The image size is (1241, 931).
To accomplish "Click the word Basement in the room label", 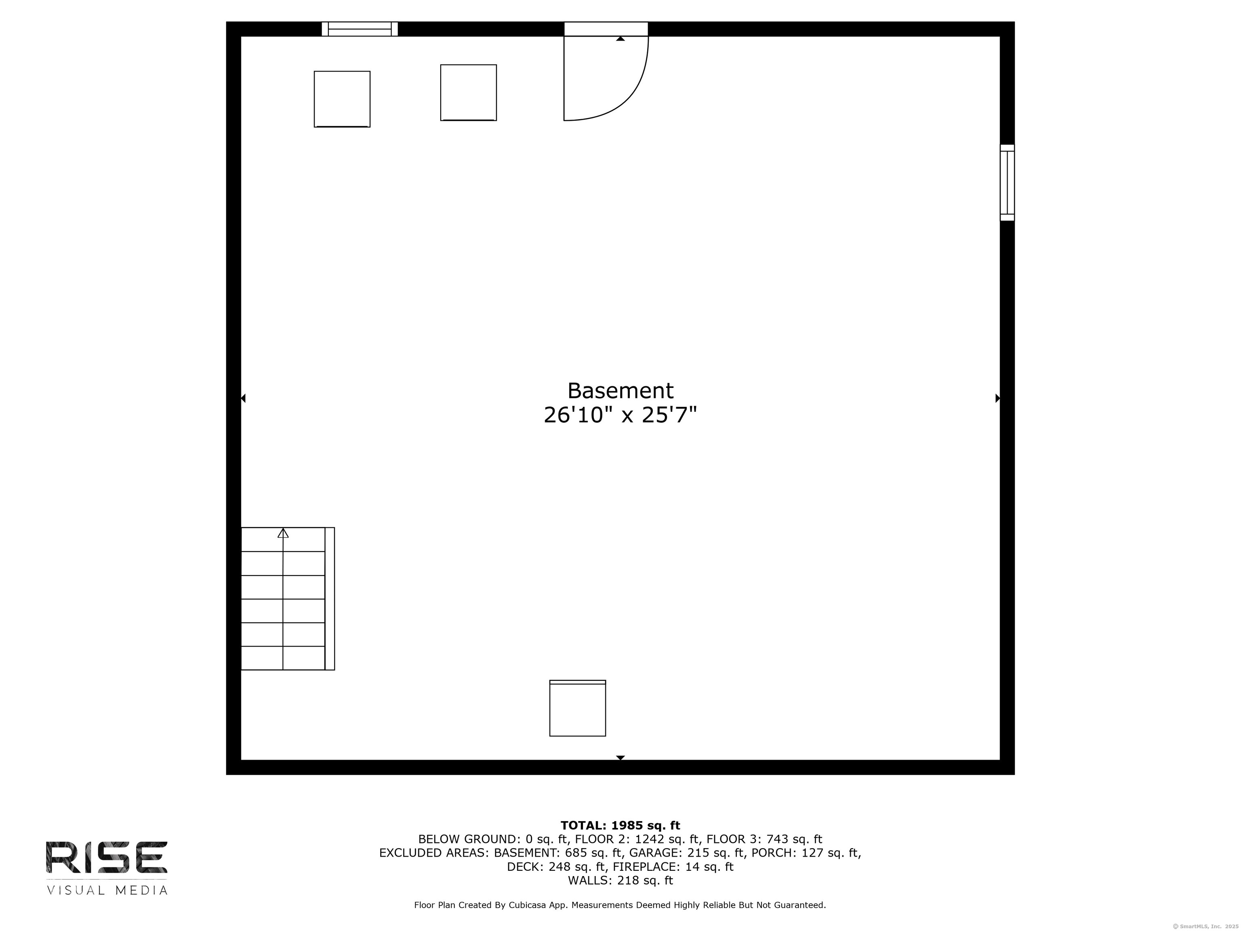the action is click(x=620, y=391).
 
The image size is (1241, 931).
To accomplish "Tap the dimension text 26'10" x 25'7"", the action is click(x=620, y=415).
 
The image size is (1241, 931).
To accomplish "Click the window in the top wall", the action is click(x=360, y=29).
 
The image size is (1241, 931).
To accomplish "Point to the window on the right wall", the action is click(x=1007, y=182).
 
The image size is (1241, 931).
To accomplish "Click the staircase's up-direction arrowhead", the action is click(x=283, y=533).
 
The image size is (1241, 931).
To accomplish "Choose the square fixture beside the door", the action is click(x=469, y=93).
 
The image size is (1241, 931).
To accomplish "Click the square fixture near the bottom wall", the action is click(x=577, y=708).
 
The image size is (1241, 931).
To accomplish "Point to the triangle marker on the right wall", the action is click(x=997, y=398).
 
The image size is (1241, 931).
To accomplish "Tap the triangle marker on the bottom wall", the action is click(x=620, y=758).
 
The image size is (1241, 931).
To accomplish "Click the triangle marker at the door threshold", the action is click(x=620, y=39).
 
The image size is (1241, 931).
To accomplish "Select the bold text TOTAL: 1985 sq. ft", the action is click(x=620, y=826).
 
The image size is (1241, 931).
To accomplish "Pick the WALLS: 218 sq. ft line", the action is click(x=620, y=880).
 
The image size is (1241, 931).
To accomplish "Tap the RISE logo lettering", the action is click(x=107, y=857).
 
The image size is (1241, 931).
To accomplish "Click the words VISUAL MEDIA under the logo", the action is click(x=107, y=890).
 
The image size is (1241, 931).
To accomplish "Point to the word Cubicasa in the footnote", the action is click(x=530, y=905).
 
